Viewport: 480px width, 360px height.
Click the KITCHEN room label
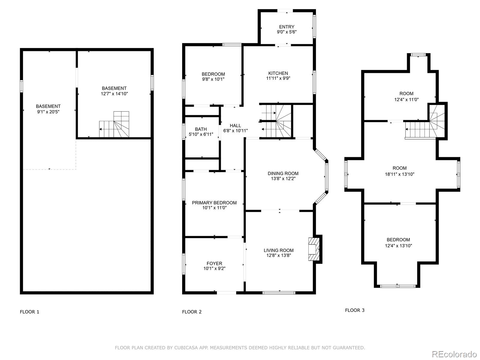click(278, 73)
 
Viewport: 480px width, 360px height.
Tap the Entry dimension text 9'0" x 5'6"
click(286, 32)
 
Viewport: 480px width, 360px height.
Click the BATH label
click(201, 129)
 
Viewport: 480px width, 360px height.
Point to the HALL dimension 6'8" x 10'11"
click(235, 131)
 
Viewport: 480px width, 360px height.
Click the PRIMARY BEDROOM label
click(214, 203)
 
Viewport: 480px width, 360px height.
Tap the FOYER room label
click(214, 263)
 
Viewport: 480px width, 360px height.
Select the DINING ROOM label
click(283, 173)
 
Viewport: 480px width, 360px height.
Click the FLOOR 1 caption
click(29, 312)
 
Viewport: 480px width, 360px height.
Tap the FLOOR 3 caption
click(355, 310)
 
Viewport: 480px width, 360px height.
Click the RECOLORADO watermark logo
click(454, 354)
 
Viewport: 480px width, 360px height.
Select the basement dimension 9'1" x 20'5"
click(48, 112)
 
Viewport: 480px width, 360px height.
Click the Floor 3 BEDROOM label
click(398, 240)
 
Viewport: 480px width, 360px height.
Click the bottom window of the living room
click(279, 292)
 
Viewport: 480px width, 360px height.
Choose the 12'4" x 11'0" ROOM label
click(406, 94)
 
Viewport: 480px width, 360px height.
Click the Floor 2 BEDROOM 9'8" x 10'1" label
click(213, 74)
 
